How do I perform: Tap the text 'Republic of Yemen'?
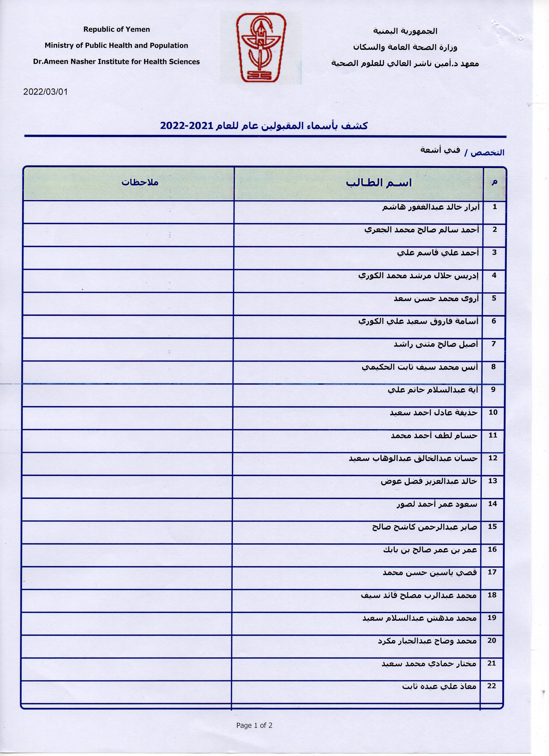click(x=117, y=29)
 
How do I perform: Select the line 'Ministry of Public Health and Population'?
click(x=116, y=45)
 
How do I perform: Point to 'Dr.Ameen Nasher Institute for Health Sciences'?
click(x=116, y=62)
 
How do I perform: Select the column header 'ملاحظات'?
click(x=140, y=182)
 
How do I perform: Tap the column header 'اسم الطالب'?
click(x=379, y=183)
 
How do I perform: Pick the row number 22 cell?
click(x=492, y=686)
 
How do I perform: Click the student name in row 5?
click(x=436, y=298)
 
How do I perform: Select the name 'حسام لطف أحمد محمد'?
click(x=434, y=436)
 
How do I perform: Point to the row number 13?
click(x=493, y=481)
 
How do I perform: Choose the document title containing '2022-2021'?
click(x=264, y=126)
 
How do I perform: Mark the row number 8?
click(x=493, y=367)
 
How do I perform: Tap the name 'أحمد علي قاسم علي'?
click(x=438, y=253)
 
